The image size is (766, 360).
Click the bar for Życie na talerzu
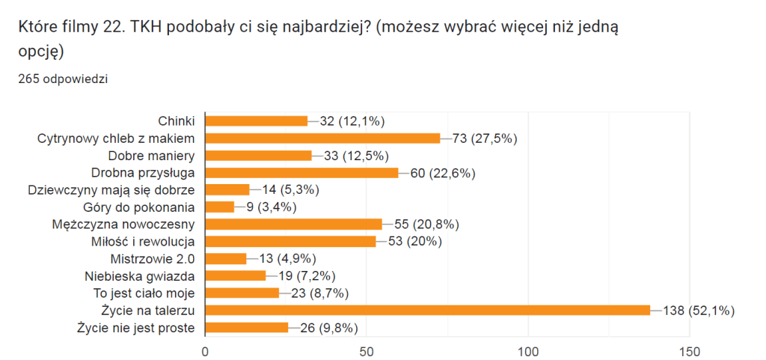click(427, 310)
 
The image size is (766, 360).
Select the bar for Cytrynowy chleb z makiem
click(322, 138)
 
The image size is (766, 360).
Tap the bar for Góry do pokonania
click(219, 207)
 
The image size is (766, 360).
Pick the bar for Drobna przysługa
click(301, 173)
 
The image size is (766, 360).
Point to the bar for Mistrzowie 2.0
click(225, 258)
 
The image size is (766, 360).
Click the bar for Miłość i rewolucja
click(290, 241)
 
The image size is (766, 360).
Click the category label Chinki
click(177, 121)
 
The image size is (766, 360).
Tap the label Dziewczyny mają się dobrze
click(111, 190)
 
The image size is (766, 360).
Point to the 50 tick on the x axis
click(367, 350)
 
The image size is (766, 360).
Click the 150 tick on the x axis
click(689, 350)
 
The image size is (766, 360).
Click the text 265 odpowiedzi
click(63, 79)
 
